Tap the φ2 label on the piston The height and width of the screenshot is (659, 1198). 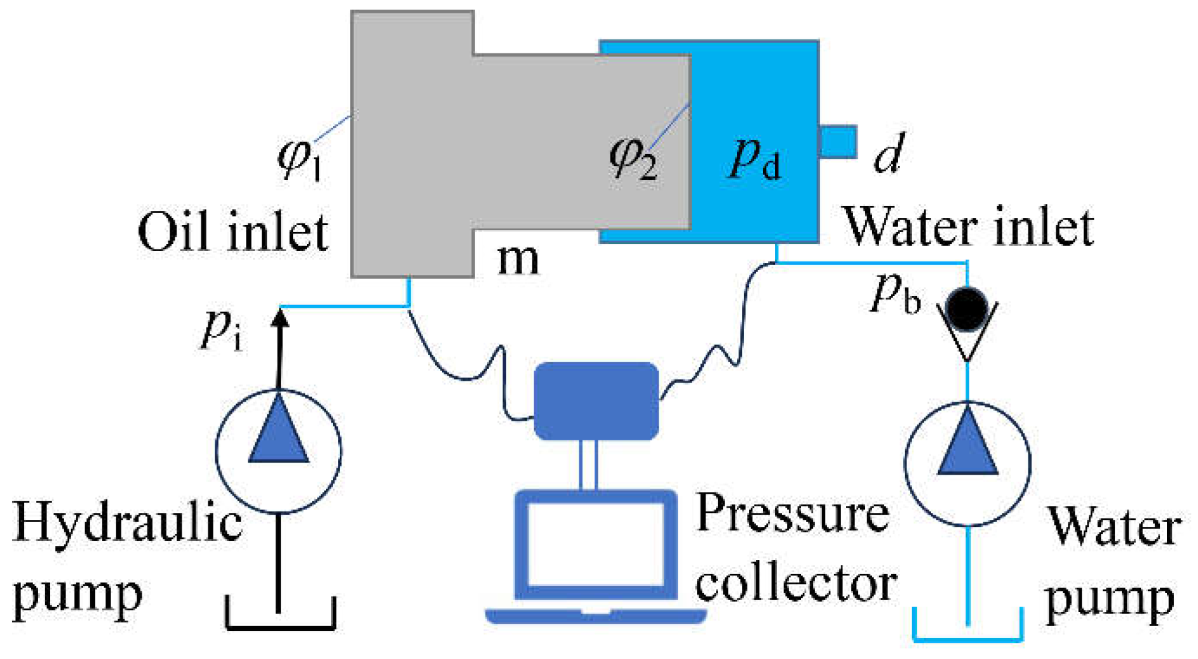633,158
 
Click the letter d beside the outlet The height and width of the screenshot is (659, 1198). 889,153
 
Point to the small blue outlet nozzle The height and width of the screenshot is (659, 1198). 838,141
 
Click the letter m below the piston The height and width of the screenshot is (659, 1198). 518,259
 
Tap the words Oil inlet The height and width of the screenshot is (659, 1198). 232,231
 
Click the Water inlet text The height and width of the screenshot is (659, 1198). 967,227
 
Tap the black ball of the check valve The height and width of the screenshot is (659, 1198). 966,309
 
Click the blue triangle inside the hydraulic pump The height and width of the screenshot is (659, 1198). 278,432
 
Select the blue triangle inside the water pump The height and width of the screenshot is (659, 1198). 967,445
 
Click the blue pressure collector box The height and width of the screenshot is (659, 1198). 596,401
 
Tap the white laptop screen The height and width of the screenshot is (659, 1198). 596,544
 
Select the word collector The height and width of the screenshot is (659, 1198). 796,583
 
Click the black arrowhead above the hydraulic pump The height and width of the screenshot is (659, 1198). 279,317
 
